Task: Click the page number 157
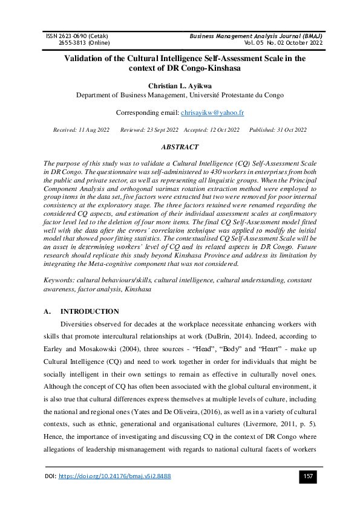[308, 477]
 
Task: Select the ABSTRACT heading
[180, 147]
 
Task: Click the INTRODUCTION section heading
[90, 311]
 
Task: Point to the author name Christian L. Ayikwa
[180, 85]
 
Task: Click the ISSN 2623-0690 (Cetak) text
[77, 36]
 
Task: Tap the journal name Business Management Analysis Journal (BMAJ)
[257, 36]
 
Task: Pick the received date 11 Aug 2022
[94, 130]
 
